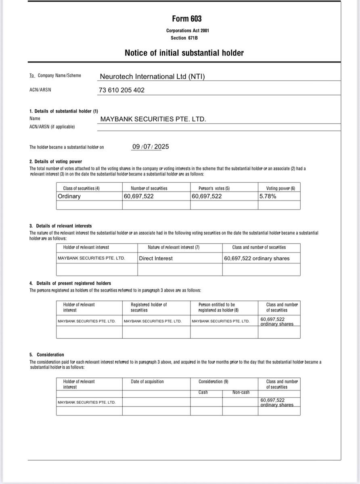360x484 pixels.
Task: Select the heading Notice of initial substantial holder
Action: coord(184,53)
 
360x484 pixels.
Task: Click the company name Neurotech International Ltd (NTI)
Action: coord(152,76)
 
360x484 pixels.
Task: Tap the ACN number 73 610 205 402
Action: coord(121,90)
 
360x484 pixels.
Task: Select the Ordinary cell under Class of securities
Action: coord(69,196)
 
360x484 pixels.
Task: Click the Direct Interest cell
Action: coord(155,258)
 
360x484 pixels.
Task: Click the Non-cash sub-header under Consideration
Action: coord(241,392)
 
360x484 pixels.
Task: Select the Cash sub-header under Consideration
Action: coord(203,392)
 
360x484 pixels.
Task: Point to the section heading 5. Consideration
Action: coord(46,355)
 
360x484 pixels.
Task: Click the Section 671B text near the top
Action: coord(184,38)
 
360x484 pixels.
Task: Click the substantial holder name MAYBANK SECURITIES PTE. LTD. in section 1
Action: coord(153,119)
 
